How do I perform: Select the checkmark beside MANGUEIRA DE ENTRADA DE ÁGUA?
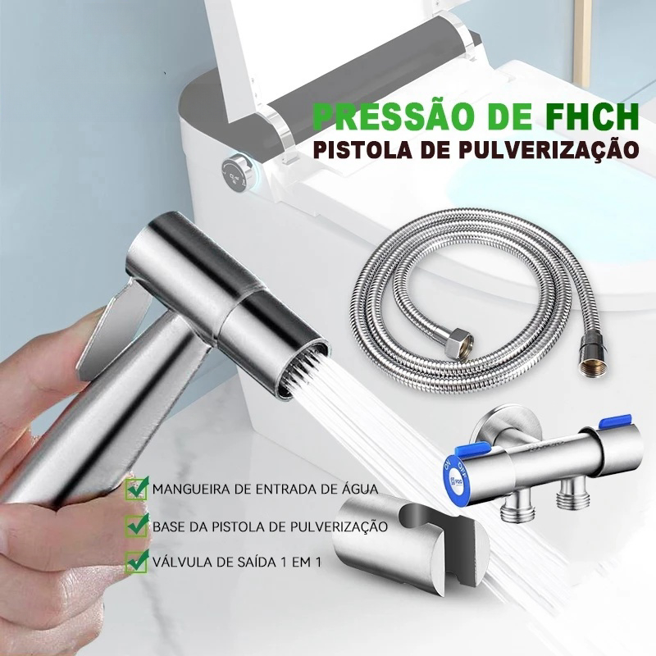[x=137, y=488]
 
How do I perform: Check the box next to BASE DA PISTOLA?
[x=137, y=525]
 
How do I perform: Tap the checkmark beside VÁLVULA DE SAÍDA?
[x=137, y=562]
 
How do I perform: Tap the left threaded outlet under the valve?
[x=517, y=507]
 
